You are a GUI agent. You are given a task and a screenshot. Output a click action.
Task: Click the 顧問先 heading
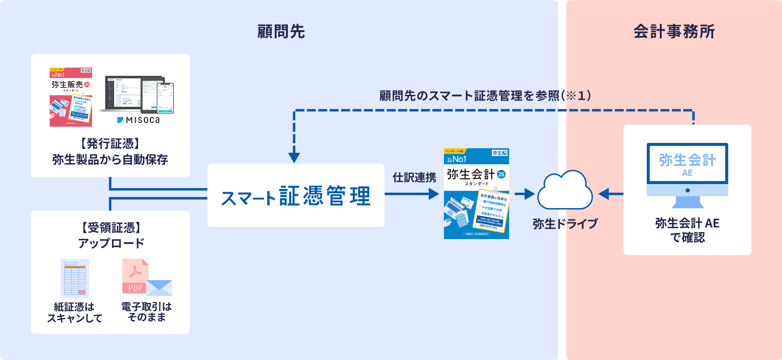pos(281,32)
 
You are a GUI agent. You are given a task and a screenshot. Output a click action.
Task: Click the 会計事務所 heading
pos(674,32)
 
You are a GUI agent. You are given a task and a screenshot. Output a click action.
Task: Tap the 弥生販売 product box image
pos(71,97)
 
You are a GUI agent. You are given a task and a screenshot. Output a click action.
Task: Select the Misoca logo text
pos(138,120)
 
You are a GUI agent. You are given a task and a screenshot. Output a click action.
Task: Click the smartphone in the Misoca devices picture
pos(165,98)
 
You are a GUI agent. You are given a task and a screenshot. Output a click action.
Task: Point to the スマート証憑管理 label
pos(296,196)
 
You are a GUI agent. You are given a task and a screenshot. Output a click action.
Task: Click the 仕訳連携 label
pos(414,178)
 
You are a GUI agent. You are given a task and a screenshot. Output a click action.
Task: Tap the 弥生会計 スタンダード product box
pos(476,194)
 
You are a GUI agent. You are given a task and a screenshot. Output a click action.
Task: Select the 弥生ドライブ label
pos(565,224)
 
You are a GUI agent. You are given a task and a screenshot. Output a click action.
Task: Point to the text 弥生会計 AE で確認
pos(687,230)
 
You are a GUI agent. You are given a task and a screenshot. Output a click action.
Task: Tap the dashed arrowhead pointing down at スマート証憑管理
pos(294,157)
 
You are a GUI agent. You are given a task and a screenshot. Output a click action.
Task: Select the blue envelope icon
pos(159,288)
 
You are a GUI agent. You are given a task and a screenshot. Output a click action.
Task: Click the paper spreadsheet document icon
pos(75,279)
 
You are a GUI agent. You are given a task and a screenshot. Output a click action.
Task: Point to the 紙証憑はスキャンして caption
pos(75,312)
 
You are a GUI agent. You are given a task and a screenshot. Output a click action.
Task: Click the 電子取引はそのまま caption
pos(147,312)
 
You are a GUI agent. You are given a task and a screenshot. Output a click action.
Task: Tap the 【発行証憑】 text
pos(110,144)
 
